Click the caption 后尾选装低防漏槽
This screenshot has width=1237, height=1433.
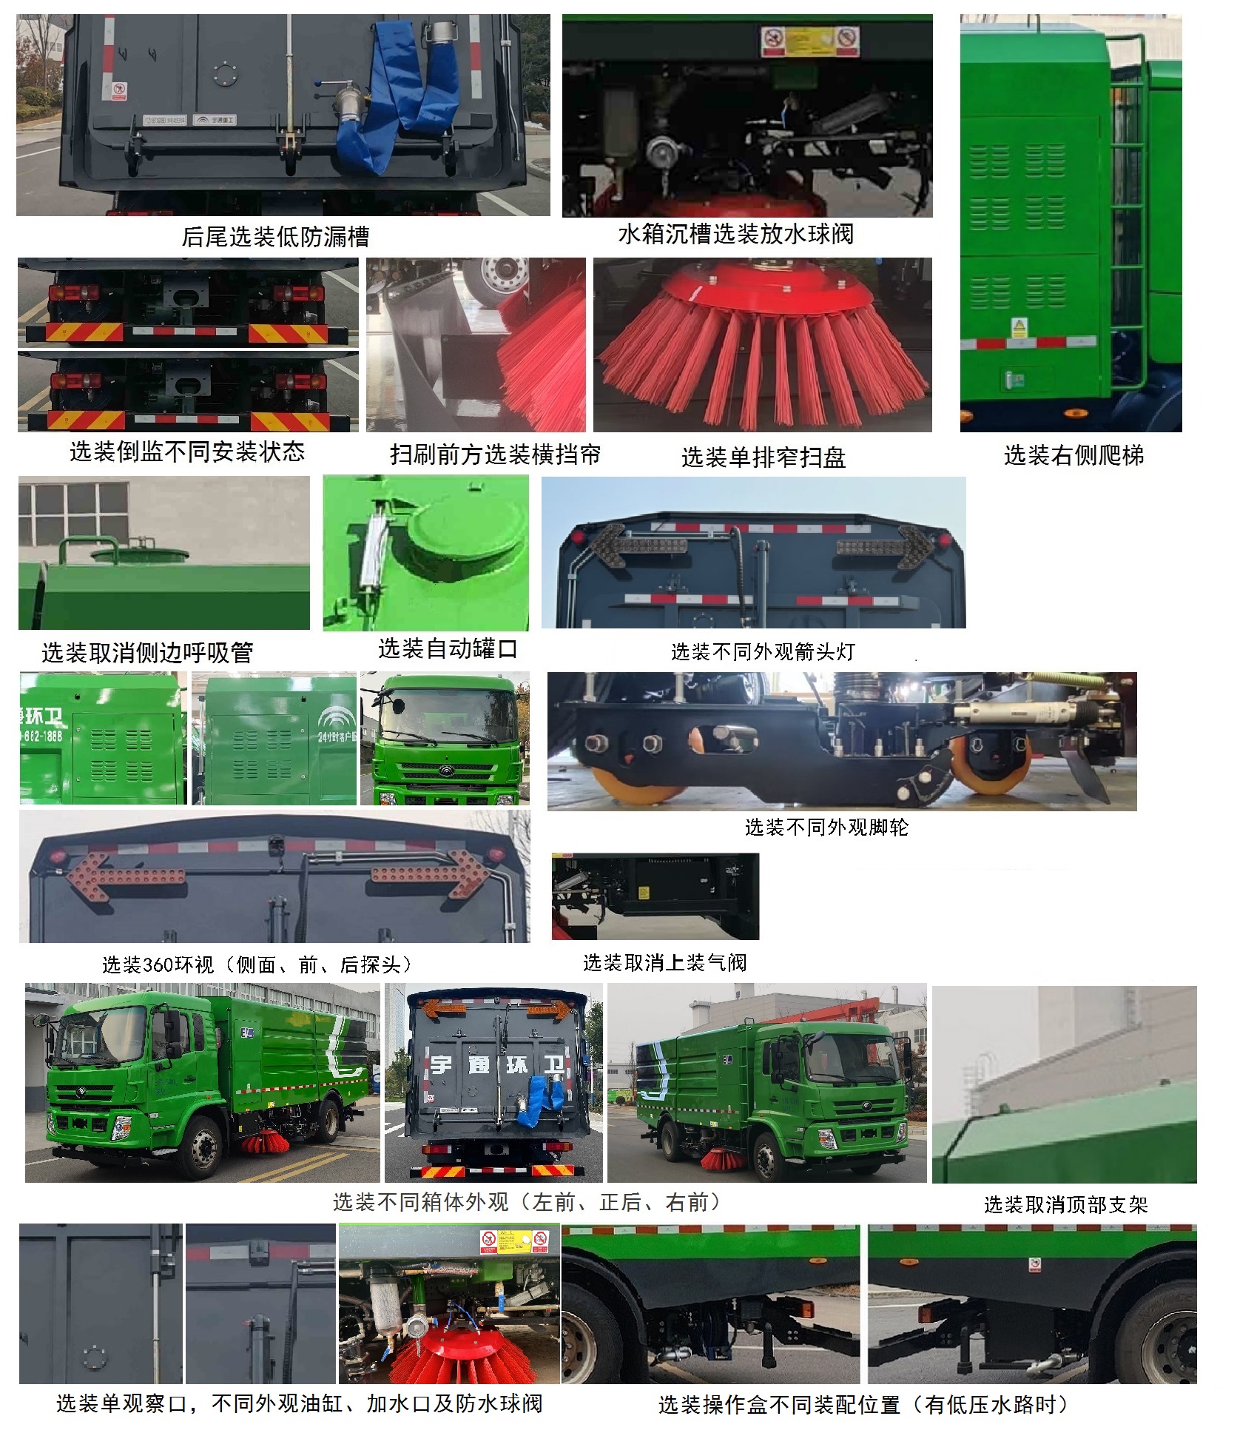pyautogui.click(x=275, y=237)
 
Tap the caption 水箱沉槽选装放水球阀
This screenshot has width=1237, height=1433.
pyautogui.click(x=735, y=235)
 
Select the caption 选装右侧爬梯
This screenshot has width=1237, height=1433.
pyautogui.click(x=1073, y=455)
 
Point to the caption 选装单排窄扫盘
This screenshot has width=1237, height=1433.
pyautogui.click(x=763, y=457)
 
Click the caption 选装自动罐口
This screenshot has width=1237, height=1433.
pyautogui.click(x=448, y=649)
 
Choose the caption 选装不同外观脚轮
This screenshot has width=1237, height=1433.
pyautogui.click(x=826, y=827)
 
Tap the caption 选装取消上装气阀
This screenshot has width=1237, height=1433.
pyautogui.click(x=664, y=962)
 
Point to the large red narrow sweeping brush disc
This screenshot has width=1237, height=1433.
pyautogui.click(x=762, y=340)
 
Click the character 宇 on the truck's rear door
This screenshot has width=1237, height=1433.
pyautogui.click(x=442, y=1064)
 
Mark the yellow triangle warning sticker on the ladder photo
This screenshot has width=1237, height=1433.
pyautogui.click(x=1019, y=326)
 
